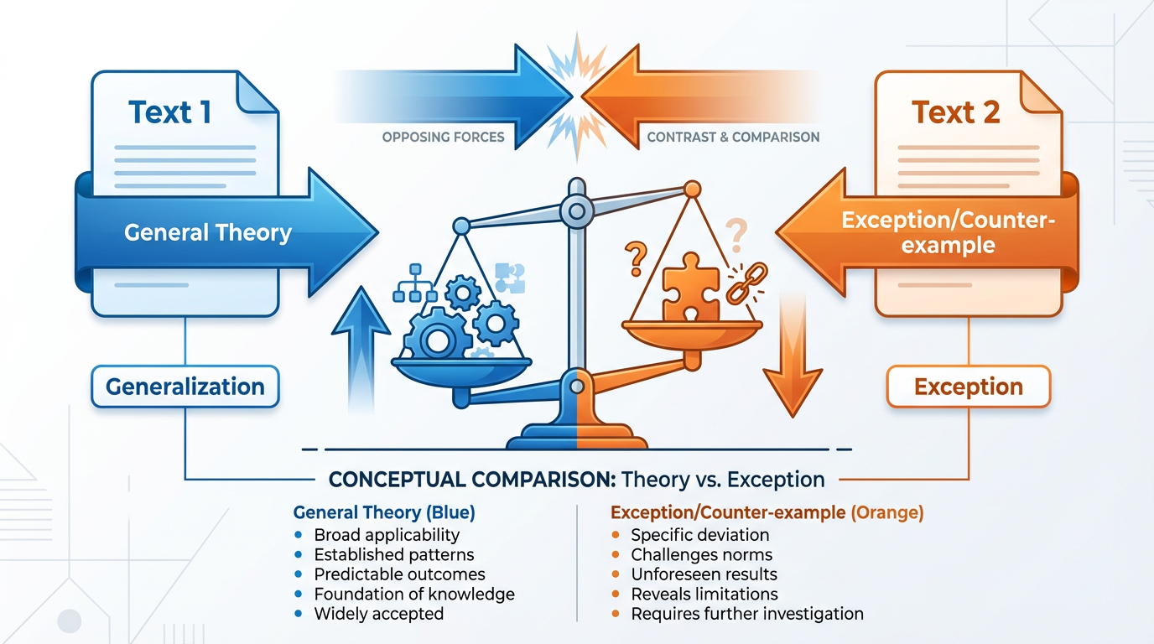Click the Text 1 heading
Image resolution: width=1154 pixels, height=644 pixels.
pos(170,112)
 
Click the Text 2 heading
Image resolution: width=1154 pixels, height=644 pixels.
pos(955,112)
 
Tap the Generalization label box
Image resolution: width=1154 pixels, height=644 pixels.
pos(185,387)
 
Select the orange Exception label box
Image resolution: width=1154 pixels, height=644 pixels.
pos(969,387)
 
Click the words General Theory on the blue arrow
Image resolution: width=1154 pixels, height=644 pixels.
pos(208,232)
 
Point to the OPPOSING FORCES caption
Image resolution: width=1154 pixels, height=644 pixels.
pos(443,137)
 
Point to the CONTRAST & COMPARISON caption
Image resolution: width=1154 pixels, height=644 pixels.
pos(733,137)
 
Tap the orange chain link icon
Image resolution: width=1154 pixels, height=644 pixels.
pos(741,283)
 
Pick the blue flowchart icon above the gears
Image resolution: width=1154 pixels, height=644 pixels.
pos(413,283)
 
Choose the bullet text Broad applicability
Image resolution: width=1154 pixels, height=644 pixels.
pos(387,534)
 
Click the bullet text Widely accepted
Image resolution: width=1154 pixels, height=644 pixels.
pos(378,614)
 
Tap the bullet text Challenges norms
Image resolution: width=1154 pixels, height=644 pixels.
pos(701,554)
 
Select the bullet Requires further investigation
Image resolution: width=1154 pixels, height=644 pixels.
pos(746,614)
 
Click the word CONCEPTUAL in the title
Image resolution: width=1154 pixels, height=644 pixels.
pos(384,480)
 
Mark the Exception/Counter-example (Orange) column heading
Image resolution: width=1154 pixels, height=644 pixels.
pos(767,512)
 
